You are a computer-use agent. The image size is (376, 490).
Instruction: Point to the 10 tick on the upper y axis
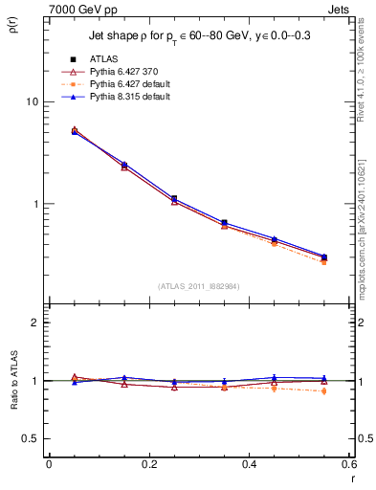34,101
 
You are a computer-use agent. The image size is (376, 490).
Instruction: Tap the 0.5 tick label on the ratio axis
32,438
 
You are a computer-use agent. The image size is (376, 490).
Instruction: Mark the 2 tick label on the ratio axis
37,323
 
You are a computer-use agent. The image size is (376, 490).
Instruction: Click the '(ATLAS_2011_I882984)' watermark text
198,285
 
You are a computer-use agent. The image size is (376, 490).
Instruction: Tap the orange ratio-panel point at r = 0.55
323,390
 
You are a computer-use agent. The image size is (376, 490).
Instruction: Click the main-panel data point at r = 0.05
75,131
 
